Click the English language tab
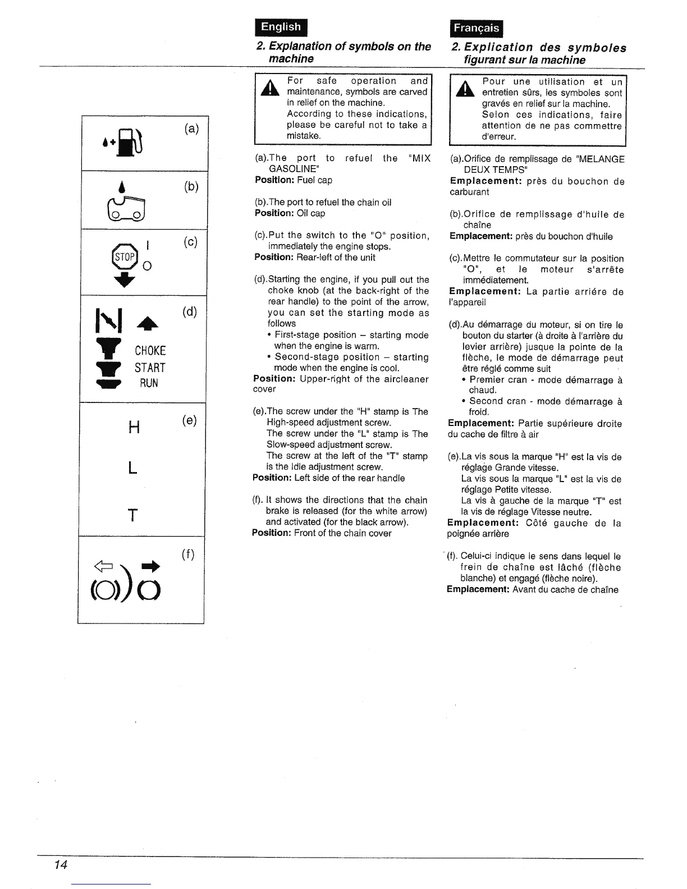pos(281,27)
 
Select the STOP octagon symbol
pos(124,257)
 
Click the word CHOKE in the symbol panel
pos(150,351)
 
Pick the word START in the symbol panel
pos(150,368)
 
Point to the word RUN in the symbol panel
pos(149,383)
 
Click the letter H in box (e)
pos(134,428)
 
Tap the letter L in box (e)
pos(132,467)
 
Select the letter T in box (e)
pos(132,515)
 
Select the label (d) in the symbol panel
pos(190,311)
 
